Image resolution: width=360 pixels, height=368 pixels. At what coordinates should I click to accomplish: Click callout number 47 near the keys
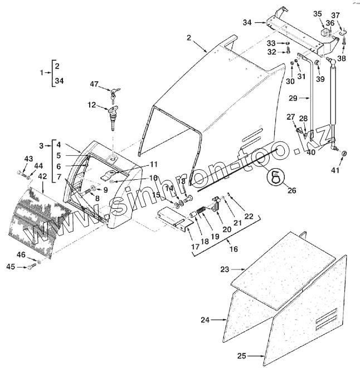tap(95, 84)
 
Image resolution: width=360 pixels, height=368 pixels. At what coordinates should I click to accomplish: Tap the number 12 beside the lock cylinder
tap(91, 104)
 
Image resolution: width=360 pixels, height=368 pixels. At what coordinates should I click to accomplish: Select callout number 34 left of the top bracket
tap(247, 22)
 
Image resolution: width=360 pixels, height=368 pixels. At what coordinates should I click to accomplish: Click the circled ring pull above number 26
tap(275, 176)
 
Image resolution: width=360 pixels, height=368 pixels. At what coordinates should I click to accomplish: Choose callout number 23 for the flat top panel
tap(225, 269)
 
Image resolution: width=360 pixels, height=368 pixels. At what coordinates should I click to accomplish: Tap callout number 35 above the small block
tap(317, 13)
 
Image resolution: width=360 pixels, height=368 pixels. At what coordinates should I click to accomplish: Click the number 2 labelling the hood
tap(189, 37)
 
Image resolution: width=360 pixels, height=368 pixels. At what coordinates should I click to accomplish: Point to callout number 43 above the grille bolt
tap(28, 158)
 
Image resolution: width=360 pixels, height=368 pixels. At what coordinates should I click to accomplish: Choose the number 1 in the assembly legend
tap(41, 72)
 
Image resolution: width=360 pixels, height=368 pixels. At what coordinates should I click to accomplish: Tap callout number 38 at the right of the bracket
tap(342, 58)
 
